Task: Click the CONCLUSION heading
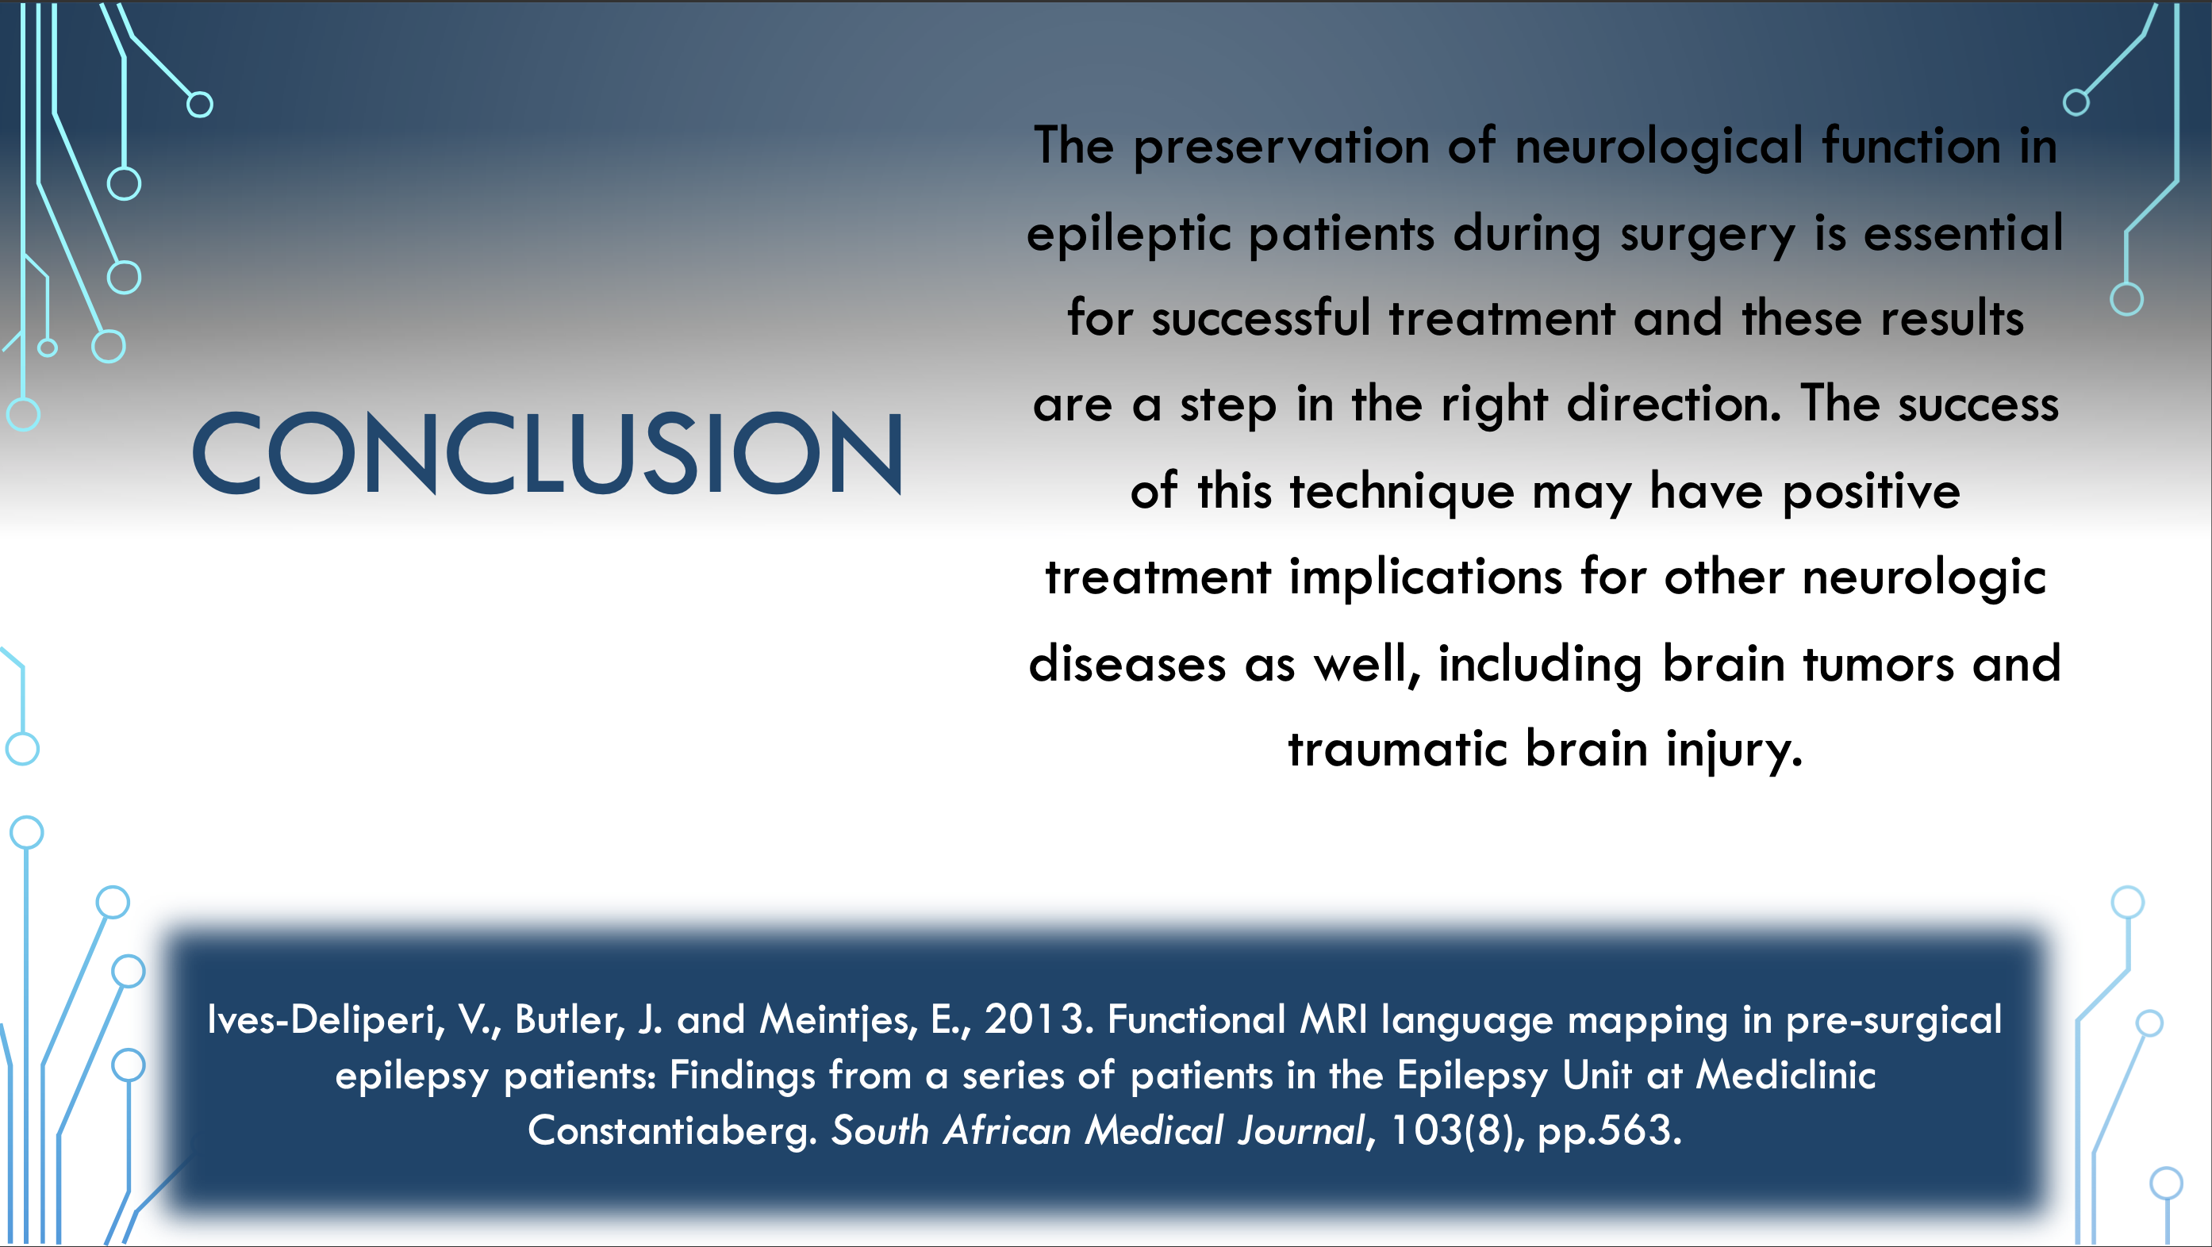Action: pyautogui.click(x=547, y=453)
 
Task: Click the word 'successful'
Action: pyautogui.click(x=1261, y=318)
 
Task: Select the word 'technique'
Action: pyautogui.click(x=1401, y=492)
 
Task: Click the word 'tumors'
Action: pyautogui.click(x=1877, y=664)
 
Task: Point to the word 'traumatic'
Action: pyautogui.click(x=1398, y=749)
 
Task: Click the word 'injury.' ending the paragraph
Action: pyautogui.click(x=1734, y=750)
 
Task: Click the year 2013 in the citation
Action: pyautogui.click(x=1034, y=1019)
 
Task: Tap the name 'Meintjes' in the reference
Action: pyautogui.click(x=834, y=1021)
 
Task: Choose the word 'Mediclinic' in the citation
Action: pyautogui.click(x=1785, y=1075)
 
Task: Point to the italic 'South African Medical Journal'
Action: pyautogui.click(x=1097, y=1130)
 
